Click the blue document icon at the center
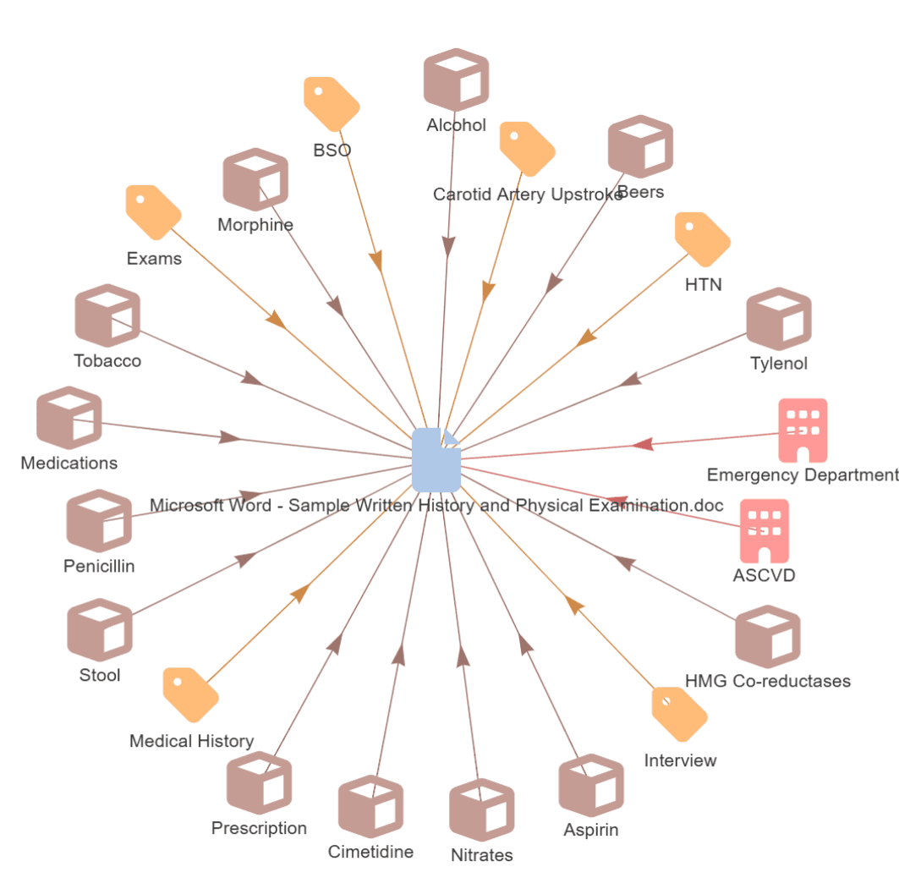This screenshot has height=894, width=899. pyautogui.click(x=436, y=459)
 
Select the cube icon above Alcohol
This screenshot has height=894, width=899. pyautogui.click(x=457, y=80)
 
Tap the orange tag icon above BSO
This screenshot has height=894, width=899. pyautogui.click(x=332, y=104)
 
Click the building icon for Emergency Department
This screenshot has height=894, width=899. pyautogui.click(x=803, y=431)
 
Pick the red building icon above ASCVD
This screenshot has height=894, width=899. pyautogui.click(x=765, y=531)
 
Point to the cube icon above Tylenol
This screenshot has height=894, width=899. pyautogui.click(x=779, y=319)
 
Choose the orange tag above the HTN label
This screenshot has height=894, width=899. pyautogui.click(x=703, y=239)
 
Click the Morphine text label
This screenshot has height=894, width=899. pyautogui.click(x=255, y=225)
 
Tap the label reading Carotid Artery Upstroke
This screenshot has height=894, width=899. pyautogui.click(x=528, y=195)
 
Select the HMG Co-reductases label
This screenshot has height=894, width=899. pyautogui.click(x=768, y=681)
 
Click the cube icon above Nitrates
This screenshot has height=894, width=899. pyautogui.click(x=482, y=810)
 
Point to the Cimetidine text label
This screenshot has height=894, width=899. pyautogui.click(x=370, y=852)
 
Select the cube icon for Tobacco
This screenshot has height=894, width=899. pyautogui.click(x=107, y=316)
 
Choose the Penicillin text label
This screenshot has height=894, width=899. pyautogui.click(x=99, y=566)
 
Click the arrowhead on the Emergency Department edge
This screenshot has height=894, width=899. pyautogui.click(x=644, y=444)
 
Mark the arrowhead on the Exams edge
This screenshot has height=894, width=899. pyautogui.click(x=276, y=320)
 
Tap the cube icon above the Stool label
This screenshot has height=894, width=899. pyautogui.click(x=100, y=630)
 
